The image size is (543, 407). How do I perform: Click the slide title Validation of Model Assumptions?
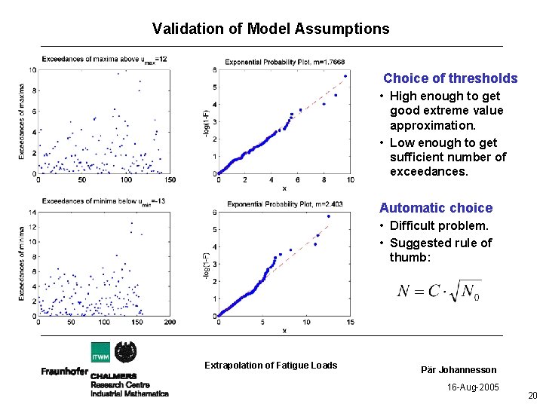click(x=271, y=29)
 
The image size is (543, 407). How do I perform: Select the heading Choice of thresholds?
click(x=450, y=78)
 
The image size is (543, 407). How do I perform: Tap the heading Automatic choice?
click(x=436, y=208)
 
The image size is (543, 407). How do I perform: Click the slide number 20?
click(x=532, y=396)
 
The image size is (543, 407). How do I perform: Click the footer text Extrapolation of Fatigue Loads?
click(x=271, y=366)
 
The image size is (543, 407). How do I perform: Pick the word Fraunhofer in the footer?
click(x=64, y=372)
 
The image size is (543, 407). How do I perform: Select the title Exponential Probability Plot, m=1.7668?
click(x=285, y=62)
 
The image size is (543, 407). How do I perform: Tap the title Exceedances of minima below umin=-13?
click(x=103, y=201)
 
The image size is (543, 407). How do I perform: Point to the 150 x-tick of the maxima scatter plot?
click(x=170, y=180)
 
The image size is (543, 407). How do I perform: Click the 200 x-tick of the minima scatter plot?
click(x=170, y=322)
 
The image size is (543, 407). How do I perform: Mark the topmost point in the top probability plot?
click(x=345, y=75)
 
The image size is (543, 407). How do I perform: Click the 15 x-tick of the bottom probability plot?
click(x=350, y=322)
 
